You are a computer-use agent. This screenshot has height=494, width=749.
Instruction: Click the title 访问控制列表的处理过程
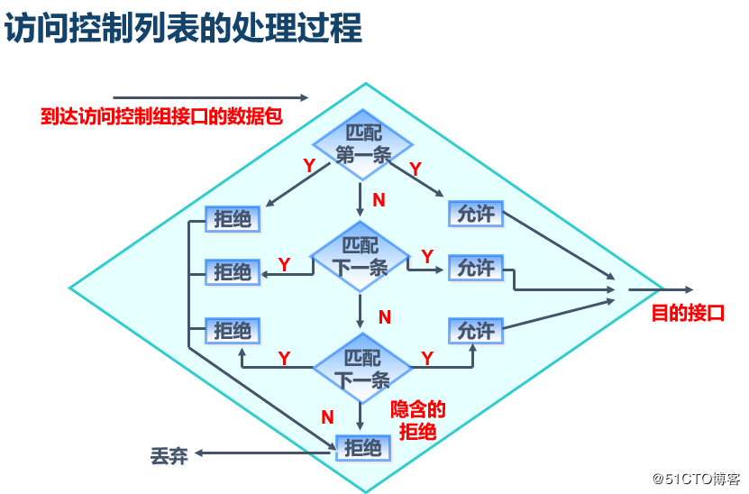[x=184, y=29]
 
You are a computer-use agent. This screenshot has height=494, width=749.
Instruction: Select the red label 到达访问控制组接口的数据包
[x=155, y=117]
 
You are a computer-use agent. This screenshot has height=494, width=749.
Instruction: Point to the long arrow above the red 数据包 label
[x=210, y=97]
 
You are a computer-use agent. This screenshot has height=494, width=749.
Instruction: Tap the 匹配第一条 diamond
[x=362, y=144]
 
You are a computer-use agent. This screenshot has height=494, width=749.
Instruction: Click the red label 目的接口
[x=688, y=314]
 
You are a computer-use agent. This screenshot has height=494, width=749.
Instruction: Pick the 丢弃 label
[x=169, y=455]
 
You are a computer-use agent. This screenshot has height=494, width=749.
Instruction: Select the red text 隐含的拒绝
[x=417, y=420]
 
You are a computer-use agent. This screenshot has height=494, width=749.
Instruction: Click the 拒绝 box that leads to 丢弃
[x=363, y=447]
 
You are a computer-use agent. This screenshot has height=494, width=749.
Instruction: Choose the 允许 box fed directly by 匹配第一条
[x=475, y=215]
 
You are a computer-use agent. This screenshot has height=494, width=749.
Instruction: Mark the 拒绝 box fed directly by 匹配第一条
[x=233, y=218]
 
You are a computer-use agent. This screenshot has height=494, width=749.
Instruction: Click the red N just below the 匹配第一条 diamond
[x=379, y=200]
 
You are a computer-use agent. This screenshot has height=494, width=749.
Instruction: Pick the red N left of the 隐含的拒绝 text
[x=328, y=416]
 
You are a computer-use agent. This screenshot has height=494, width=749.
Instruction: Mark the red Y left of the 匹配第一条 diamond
[x=309, y=165]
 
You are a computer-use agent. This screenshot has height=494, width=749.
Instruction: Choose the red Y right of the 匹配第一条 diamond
[x=416, y=169]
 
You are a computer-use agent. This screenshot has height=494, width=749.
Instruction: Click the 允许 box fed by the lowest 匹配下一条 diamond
[x=475, y=331]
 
